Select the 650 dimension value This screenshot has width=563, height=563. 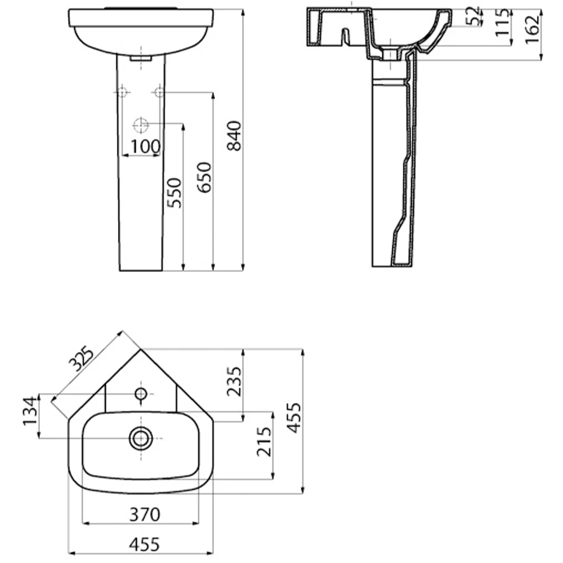pyautogui.click(x=205, y=177)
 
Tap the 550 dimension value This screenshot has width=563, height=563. pyautogui.click(x=175, y=193)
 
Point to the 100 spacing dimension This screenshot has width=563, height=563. pyautogui.click(x=145, y=146)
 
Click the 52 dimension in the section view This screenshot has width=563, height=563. pyautogui.click(x=473, y=16)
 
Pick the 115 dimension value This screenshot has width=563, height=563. pyautogui.click(x=502, y=23)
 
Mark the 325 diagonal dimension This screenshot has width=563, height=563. pyautogui.click(x=81, y=359)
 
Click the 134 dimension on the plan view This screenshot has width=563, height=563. pyautogui.click(x=30, y=411)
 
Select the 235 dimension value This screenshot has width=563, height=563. pyautogui.click(x=234, y=381)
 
